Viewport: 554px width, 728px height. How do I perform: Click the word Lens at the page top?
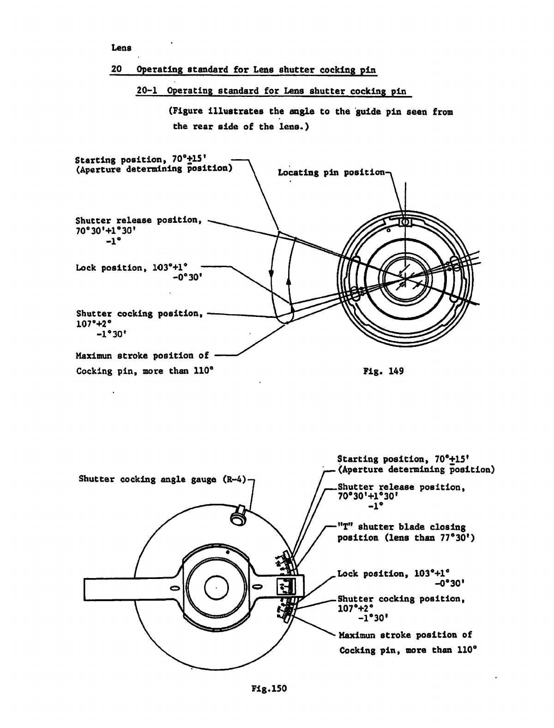(x=121, y=48)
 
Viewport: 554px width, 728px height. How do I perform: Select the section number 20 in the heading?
(x=116, y=69)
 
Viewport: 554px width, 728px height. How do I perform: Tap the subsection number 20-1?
(x=147, y=90)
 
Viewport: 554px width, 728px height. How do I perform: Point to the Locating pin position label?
(x=331, y=173)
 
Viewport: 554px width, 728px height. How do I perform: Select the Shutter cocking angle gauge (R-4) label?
(x=163, y=479)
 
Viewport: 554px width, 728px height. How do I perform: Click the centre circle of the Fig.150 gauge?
(x=215, y=588)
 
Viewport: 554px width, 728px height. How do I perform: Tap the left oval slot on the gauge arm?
(x=175, y=588)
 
